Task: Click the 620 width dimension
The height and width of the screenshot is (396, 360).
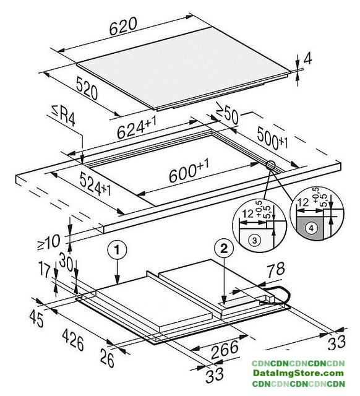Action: click(x=123, y=26)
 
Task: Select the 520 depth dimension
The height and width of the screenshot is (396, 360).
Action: click(x=87, y=88)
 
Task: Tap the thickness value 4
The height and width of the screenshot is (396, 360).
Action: click(x=307, y=59)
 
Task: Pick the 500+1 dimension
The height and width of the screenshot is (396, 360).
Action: click(x=272, y=139)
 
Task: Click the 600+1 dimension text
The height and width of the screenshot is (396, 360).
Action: click(x=189, y=171)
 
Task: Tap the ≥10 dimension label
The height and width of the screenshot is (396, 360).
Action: click(x=49, y=242)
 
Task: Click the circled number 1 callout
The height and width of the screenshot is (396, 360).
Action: click(x=117, y=250)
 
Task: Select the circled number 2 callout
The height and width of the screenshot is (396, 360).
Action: click(x=224, y=249)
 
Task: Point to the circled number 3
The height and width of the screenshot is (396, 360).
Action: click(x=254, y=240)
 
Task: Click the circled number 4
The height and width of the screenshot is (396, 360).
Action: click(x=311, y=228)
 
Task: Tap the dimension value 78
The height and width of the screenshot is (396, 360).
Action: click(x=276, y=270)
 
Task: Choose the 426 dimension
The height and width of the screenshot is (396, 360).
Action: click(x=73, y=340)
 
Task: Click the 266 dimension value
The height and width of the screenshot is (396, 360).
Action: click(x=225, y=350)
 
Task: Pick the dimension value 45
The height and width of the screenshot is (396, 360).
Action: click(x=36, y=319)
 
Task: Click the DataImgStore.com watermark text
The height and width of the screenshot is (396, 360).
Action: click(x=298, y=373)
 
